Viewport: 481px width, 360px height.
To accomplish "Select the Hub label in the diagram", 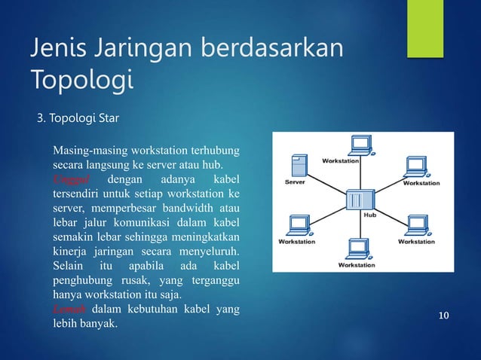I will pyautogui.click(x=369, y=214).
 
